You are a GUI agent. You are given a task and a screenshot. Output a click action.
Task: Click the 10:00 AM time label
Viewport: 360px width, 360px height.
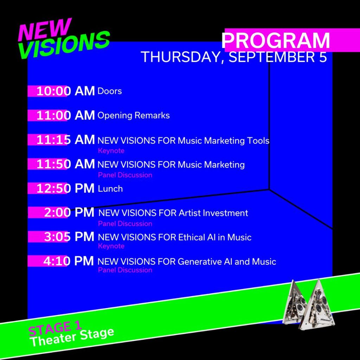coord(65,91)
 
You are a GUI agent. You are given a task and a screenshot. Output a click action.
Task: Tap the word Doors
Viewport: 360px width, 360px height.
coord(110,91)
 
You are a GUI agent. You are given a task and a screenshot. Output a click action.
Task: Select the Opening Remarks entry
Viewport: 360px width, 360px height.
coord(134,115)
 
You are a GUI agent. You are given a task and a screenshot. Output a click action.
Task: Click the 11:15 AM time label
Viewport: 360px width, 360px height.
coord(65,140)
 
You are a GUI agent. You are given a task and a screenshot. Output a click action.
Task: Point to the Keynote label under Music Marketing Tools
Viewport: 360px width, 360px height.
coord(111,151)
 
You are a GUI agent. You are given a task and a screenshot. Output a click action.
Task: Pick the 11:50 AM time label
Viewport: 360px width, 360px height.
coord(65,164)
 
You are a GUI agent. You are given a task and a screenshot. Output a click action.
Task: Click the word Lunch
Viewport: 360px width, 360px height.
coord(110,189)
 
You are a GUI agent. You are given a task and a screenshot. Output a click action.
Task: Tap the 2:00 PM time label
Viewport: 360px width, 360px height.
coord(69,213)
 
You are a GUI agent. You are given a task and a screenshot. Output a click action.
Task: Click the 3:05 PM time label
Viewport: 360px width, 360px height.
coord(69,237)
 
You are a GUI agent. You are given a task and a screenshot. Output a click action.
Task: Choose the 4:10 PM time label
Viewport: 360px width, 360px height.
coord(69,261)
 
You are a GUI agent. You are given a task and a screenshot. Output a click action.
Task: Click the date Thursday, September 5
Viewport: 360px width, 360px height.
coord(234,57)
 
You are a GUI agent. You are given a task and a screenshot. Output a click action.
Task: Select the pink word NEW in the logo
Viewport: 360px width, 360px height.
coord(45,29)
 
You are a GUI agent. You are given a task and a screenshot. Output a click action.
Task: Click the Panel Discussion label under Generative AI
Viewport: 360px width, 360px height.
coord(125,270)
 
